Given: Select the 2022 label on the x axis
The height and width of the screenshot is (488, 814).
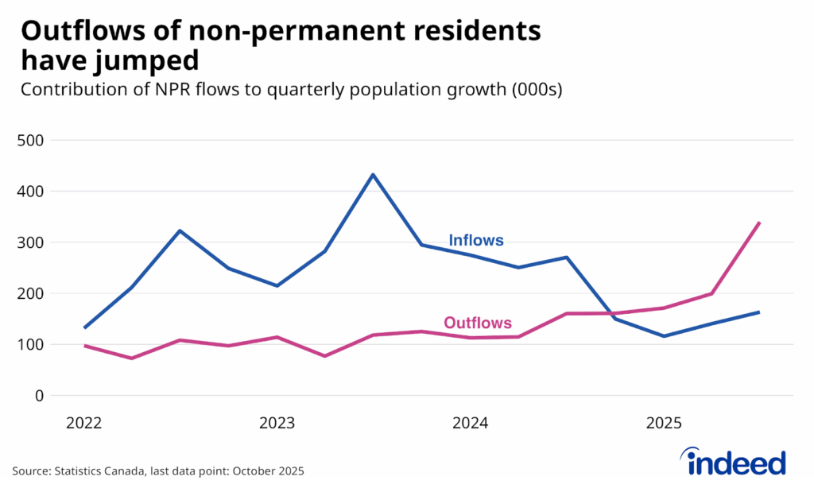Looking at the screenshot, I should pos(83,423).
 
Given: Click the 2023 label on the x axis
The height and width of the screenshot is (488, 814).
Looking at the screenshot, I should pos(277,423).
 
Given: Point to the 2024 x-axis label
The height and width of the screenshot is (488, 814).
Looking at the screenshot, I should pos(470,423).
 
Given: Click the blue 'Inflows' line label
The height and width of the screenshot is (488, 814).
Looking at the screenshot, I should pos(476,240).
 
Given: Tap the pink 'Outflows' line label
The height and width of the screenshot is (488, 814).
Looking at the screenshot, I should pos(477,323).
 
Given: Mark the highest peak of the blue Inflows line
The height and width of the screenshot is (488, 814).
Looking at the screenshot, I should pos(373,175).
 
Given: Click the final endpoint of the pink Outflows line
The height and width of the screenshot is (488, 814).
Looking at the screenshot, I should pos(760,223).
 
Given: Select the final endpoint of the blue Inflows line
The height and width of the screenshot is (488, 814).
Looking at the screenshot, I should pos(760,312).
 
